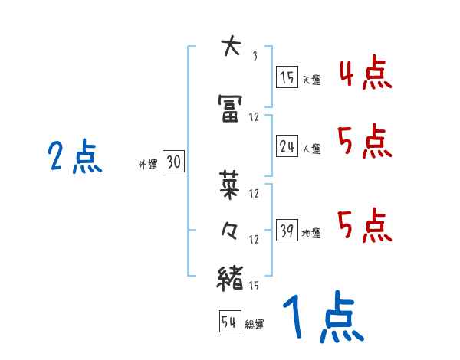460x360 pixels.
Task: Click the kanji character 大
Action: click(230, 47)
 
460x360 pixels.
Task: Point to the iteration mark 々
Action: click(230, 232)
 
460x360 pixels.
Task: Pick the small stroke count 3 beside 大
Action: click(255, 56)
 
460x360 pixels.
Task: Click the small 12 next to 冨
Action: click(255, 117)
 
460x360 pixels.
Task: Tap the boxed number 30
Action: click(173, 162)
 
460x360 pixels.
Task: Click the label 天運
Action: click(311, 80)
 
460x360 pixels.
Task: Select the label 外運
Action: click(148, 164)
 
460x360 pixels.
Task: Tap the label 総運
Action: click(254, 325)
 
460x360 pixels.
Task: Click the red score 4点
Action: click(364, 75)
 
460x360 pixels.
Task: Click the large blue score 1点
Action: click(322, 318)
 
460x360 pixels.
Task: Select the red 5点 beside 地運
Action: click(364, 225)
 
